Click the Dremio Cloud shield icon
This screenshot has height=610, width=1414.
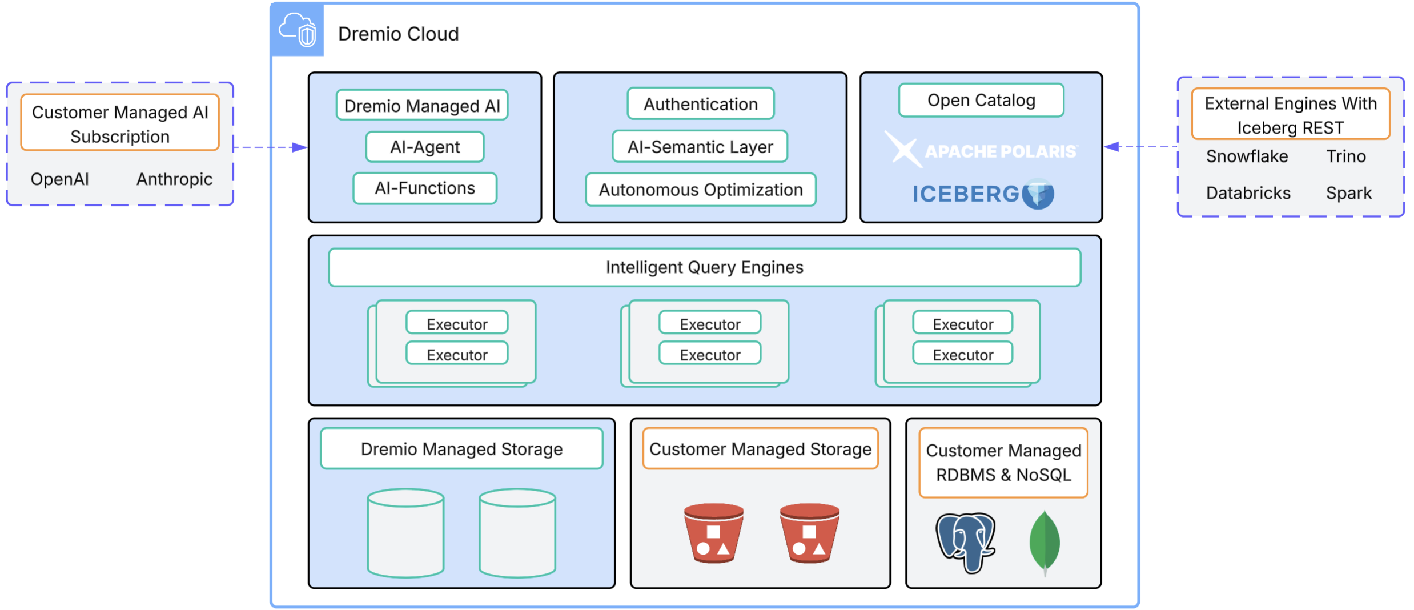coord(298,30)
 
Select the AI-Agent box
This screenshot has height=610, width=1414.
coord(425,147)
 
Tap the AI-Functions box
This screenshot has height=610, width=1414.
coord(425,188)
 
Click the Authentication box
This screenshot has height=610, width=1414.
coord(701,104)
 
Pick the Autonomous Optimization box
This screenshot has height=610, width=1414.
coord(701,190)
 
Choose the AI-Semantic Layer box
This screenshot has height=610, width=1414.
coord(700,147)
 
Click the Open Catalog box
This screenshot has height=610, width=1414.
coord(981,101)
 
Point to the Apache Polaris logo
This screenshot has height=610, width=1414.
coord(981,151)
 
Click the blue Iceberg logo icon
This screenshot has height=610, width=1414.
coord(1038,194)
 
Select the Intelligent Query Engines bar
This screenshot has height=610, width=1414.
coord(704,267)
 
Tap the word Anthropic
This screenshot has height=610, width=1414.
coord(174,179)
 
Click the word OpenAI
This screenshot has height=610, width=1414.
coord(60,179)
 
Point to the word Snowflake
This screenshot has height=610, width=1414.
coord(1247,156)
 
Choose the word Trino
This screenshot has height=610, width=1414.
coord(1345,156)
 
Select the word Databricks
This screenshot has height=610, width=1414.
coord(1248,193)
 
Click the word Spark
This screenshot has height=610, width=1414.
coord(1348,193)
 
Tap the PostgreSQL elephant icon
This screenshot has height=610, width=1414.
coord(965,541)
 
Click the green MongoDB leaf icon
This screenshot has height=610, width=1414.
coord(1045,541)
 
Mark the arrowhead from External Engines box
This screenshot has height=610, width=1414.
coord(1111,147)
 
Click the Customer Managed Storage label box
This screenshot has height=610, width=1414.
coord(760,449)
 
